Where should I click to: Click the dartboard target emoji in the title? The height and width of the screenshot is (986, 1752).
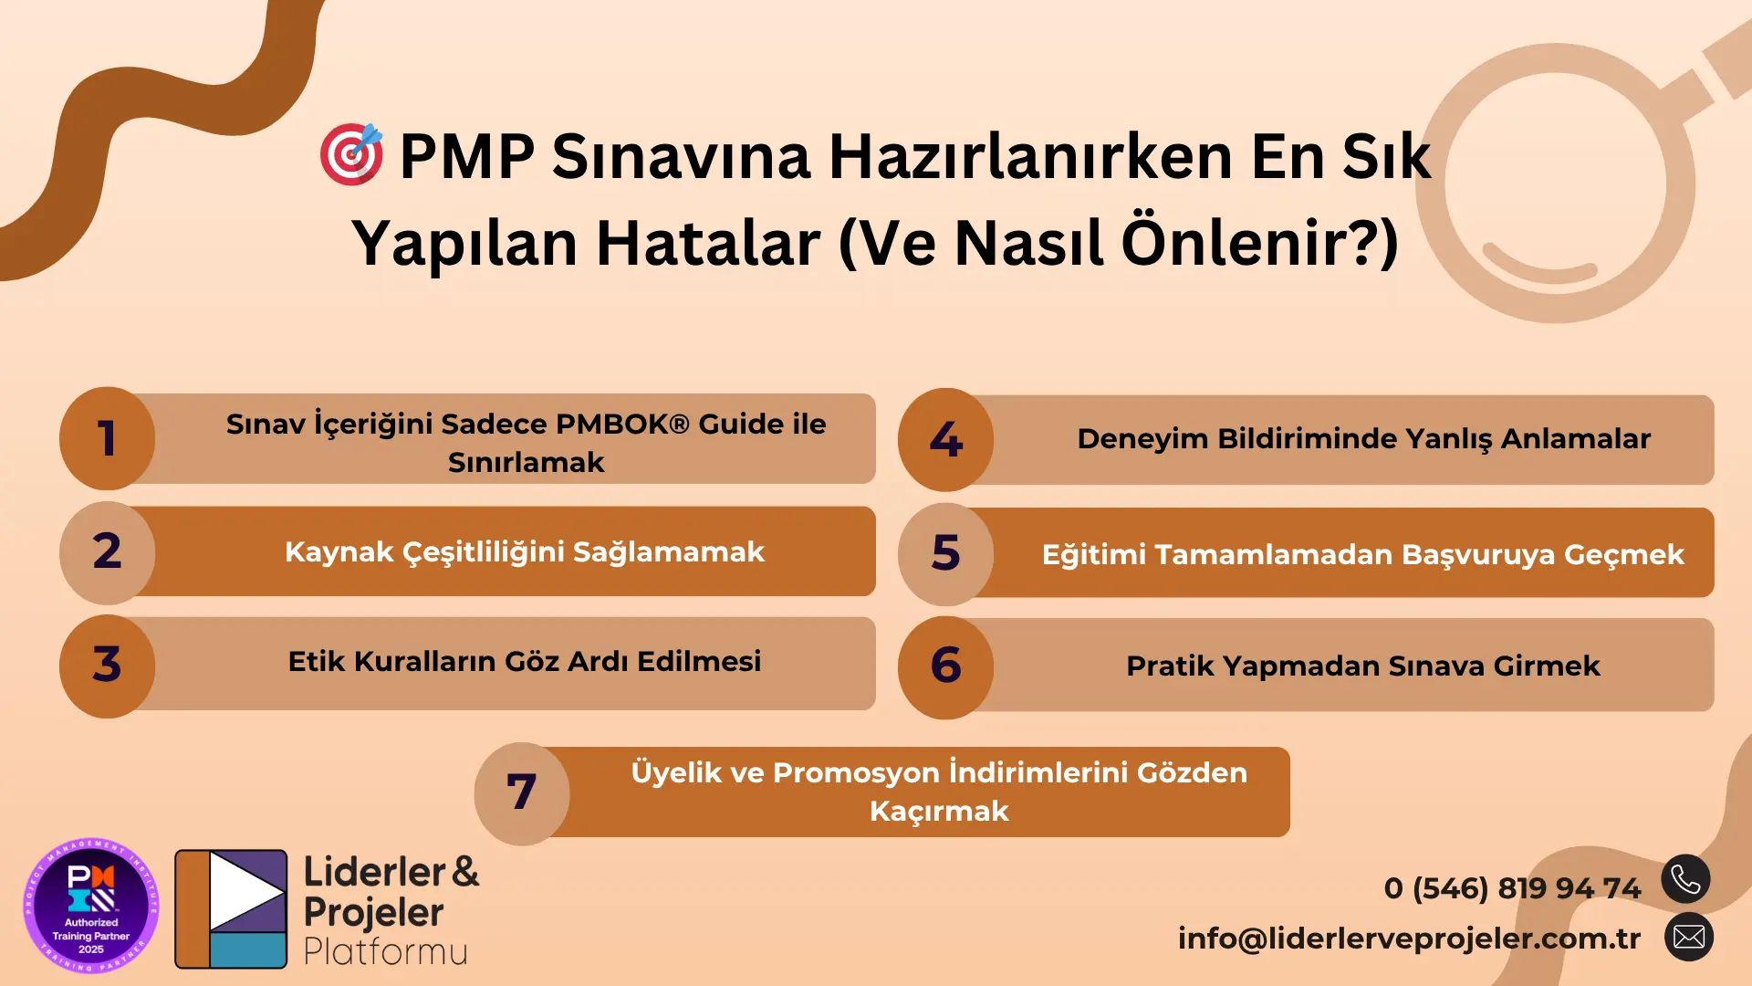351,154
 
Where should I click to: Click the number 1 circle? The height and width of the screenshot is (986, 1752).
108,438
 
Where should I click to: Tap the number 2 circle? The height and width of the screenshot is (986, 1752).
108,552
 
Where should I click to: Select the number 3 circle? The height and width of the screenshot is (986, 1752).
108,666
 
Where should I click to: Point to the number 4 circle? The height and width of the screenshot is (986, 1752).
946,440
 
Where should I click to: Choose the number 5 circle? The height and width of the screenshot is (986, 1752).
946,554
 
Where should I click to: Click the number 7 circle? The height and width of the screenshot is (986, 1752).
522,793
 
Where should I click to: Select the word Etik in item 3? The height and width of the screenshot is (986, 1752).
317,661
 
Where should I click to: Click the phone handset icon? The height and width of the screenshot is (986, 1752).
1685,879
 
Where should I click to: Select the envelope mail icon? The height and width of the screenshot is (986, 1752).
1688,937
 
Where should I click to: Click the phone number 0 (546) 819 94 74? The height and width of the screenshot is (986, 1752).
1512,887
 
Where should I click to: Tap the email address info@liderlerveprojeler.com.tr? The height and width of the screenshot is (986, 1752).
1409,938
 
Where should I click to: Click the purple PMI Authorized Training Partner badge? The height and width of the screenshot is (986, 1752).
91,906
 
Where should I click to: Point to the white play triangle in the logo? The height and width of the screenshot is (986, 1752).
245,891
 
